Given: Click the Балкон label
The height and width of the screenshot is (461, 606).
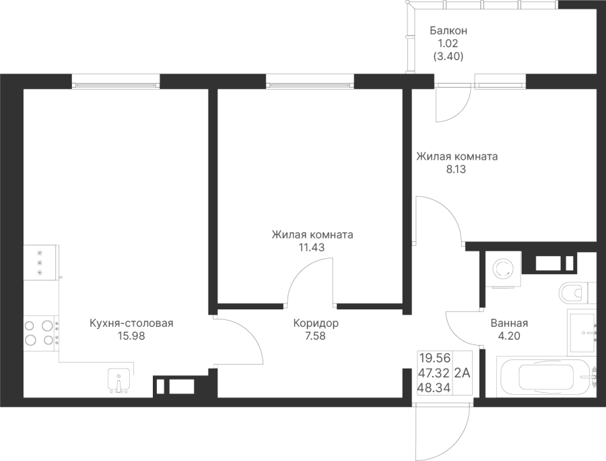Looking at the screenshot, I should (x=448, y=31).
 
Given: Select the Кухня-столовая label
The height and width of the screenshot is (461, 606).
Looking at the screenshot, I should (x=131, y=324).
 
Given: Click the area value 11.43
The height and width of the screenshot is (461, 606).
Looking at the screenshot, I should (x=312, y=247).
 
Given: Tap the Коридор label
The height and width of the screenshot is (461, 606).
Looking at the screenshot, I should (x=316, y=324).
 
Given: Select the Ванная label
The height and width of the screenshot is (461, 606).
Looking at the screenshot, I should (x=509, y=323).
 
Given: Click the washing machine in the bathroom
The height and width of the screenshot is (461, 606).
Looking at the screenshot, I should (x=502, y=270).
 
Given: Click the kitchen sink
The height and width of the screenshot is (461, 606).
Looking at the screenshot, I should (x=119, y=381).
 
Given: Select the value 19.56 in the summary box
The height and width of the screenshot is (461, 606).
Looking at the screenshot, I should (x=434, y=357).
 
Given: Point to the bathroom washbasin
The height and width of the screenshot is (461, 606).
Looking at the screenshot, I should (x=581, y=331).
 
